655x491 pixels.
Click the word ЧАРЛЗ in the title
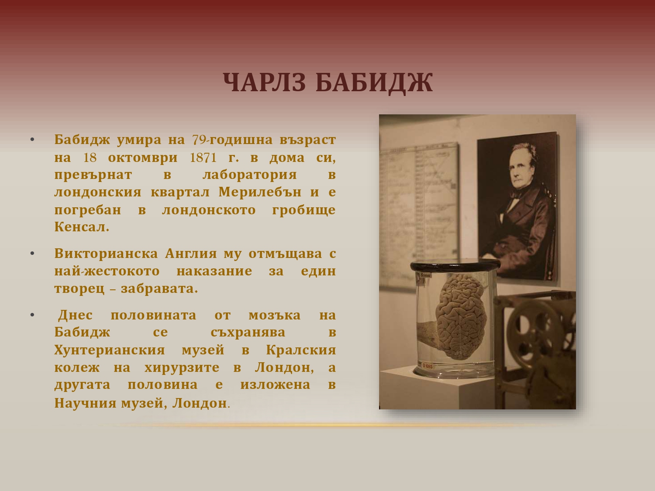pyautogui.click(x=264, y=82)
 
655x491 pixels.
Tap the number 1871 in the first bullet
pyautogui.click(x=203, y=158)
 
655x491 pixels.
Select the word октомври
pyautogui.click(x=143, y=158)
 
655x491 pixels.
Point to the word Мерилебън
pyautogui.click(x=260, y=192)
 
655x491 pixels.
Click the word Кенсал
pyautogui.click(x=82, y=227)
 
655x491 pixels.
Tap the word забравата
pyautogui.click(x=159, y=288)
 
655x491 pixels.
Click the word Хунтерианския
pyautogui.click(x=110, y=350)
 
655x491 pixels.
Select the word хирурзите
pyautogui.click(x=182, y=367)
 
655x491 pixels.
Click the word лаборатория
pyautogui.click(x=250, y=175)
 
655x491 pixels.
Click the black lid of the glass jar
pyautogui.click(x=455, y=264)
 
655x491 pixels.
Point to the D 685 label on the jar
pyautogui.click(x=427, y=365)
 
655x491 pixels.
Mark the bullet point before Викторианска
pyautogui.click(x=32, y=254)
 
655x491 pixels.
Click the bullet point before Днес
pyautogui.click(x=32, y=315)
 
